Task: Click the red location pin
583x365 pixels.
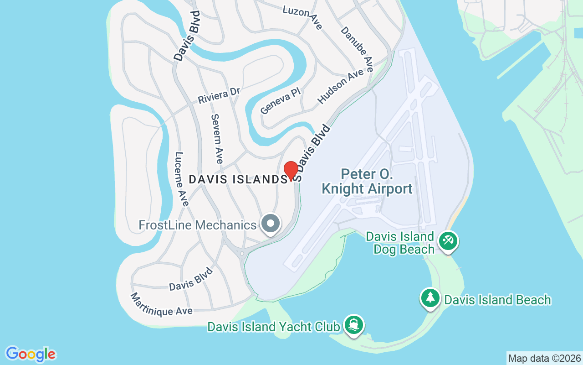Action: (291, 171)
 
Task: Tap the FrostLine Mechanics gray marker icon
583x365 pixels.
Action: (271, 224)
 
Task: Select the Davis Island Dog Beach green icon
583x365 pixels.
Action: (448, 240)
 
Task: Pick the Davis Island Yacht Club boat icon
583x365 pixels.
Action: (354, 325)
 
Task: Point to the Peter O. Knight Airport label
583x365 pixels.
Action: (367, 182)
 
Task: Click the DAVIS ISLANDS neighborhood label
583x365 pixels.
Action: (239, 180)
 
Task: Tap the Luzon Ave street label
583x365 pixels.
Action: (302, 17)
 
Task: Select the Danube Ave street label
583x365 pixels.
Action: (357, 49)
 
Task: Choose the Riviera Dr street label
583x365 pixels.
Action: (219, 95)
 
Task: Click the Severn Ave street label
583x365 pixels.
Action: (217, 139)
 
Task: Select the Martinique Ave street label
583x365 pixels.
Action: (161, 305)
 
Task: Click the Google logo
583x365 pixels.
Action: (31, 354)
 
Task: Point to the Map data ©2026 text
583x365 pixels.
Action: (544, 358)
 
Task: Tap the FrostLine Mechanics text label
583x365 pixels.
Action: (198, 225)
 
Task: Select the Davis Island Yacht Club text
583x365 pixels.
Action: (274, 327)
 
